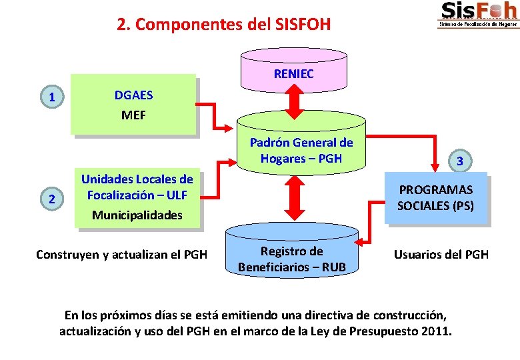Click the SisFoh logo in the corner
(x=478, y=14)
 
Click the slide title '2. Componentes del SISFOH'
(x=223, y=25)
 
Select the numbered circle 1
(x=51, y=98)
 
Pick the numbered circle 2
(x=51, y=197)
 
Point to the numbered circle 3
(x=460, y=161)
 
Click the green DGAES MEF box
(x=133, y=105)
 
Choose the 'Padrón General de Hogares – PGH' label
(x=301, y=150)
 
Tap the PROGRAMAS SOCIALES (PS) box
(x=435, y=198)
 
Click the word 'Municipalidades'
(x=137, y=215)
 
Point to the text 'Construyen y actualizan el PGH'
(x=121, y=254)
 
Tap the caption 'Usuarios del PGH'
(x=441, y=254)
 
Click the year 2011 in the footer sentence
(x=436, y=331)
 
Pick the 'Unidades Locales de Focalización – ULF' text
(x=137, y=187)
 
